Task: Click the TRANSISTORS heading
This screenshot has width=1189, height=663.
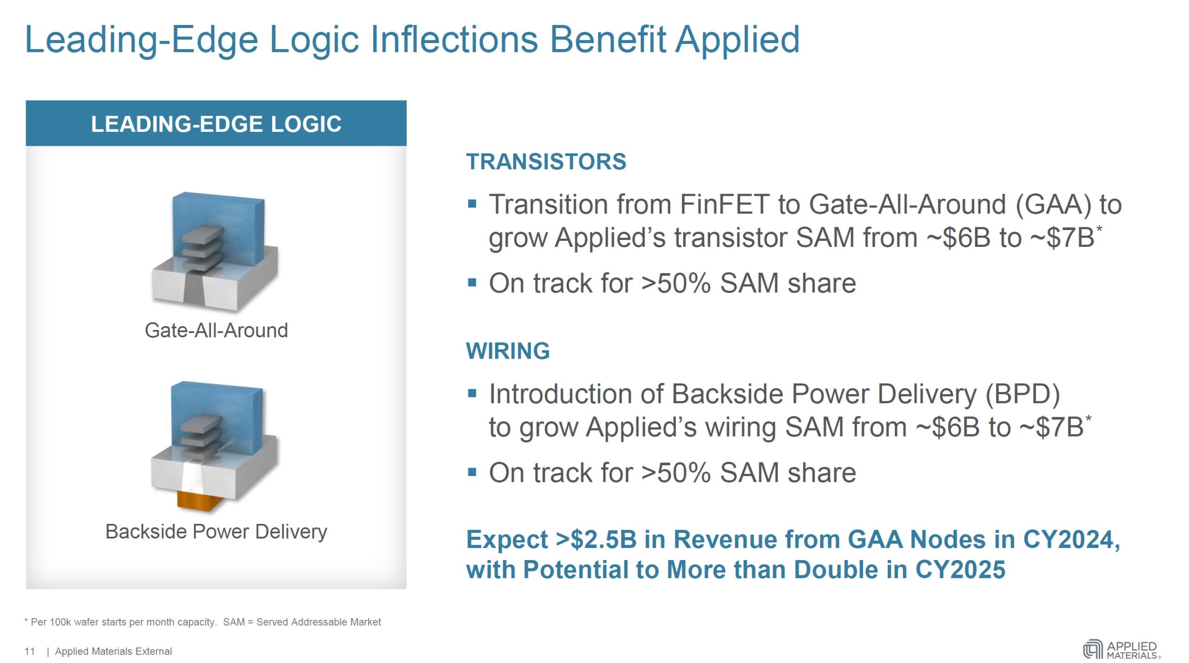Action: click(x=546, y=162)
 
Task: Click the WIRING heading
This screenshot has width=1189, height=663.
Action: click(x=508, y=351)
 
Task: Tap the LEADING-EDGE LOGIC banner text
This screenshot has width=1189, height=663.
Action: click(x=216, y=124)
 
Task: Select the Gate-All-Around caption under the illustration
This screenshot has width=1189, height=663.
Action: click(x=216, y=330)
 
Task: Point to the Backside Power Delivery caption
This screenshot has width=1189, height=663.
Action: click(x=216, y=532)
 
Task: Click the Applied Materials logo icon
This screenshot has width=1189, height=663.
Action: click(x=1093, y=650)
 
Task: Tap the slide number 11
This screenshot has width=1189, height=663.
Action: click(x=30, y=651)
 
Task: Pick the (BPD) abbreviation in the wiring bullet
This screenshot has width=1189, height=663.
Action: click(x=1023, y=395)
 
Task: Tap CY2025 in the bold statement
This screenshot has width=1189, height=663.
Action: click(x=960, y=570)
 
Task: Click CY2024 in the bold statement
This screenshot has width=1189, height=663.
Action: click(x=1071, y=540)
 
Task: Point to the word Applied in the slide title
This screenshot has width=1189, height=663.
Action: click(x=738, y=41)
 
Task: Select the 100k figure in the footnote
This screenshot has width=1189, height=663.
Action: click(x=60, y=622)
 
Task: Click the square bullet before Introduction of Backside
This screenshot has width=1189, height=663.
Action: click(x=472, y=394)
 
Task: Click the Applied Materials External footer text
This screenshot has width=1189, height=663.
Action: click(x=113, y=651)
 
